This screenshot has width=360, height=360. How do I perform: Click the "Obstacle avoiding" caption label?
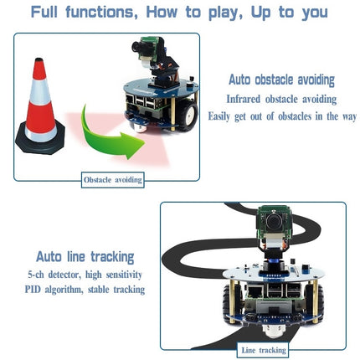pyautogui.click(x=113, y=179)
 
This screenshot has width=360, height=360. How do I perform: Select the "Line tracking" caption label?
pyautogui.click(x=262, y=350)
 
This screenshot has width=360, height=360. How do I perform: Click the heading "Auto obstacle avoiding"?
pyautogui.click(x=281, y=80)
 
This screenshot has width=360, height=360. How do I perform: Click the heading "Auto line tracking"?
pyautogui.click(x=85, y=257)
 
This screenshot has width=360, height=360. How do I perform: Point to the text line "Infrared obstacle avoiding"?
pyautogui.click(x=281, y=99)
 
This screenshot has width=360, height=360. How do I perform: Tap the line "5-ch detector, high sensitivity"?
pyautogui.click(x=85, y=275)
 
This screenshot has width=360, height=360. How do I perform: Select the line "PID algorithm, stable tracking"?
pyautogui.click(x=85, y=290)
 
